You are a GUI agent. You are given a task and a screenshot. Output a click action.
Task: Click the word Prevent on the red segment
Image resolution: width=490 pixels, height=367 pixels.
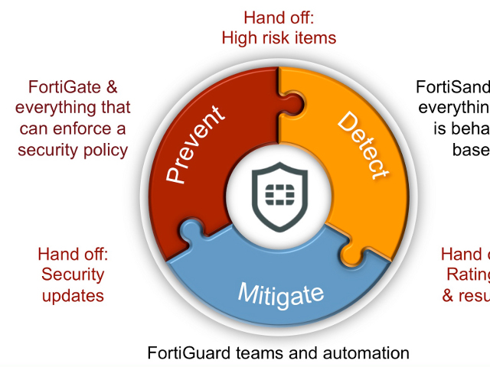tap(194, 144)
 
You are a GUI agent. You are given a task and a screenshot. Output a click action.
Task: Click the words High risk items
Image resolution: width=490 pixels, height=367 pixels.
tap(279, 37)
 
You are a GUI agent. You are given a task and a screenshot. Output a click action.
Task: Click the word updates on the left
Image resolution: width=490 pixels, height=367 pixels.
tap(73, 294)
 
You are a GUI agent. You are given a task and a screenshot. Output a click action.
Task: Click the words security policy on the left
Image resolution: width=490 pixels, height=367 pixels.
tap(73, 149)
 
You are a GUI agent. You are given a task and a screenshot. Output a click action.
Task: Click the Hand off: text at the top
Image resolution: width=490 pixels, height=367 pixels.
tap(279, 17)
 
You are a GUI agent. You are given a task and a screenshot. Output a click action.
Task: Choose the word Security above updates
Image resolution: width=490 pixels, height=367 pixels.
tap(73, 274)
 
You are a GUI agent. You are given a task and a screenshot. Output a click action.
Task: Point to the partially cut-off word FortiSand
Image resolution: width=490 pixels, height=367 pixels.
tap(452, 87)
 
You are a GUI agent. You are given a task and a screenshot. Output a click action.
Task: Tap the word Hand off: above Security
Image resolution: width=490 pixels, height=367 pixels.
tap(73, 254)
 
